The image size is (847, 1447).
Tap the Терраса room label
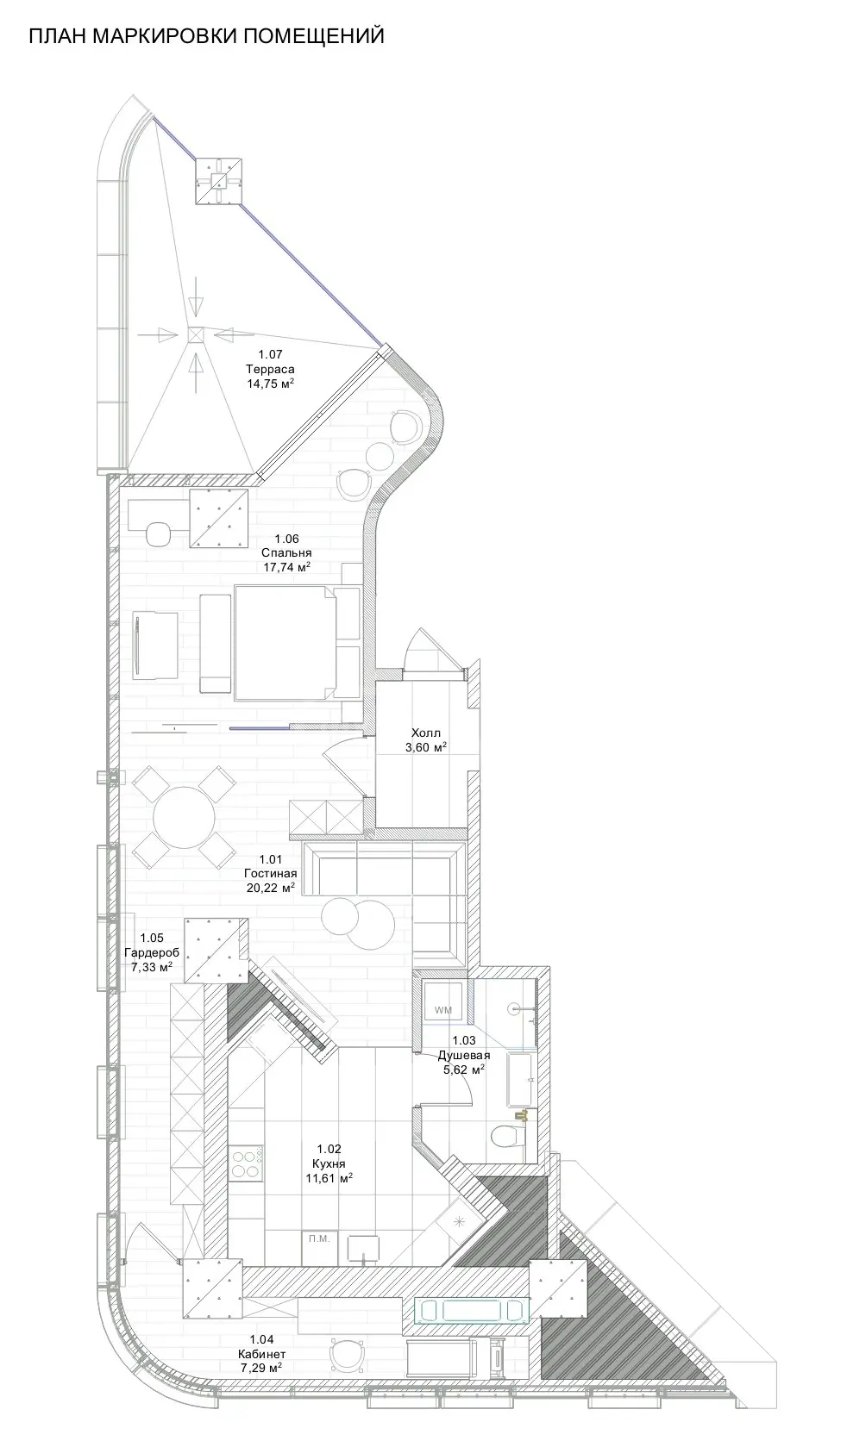tap(270, 369)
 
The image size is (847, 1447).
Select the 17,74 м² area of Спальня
tap(286, 567)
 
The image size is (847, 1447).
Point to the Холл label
tap(426, 733)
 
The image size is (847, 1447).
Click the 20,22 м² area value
tap(271, 888)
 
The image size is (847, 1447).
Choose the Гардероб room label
tap(151, 953)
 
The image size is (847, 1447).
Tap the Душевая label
tap(463, 1056)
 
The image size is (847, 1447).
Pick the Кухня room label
tap(329, 1163)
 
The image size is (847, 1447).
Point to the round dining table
tap(185, 817)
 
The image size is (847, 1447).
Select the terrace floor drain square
tap(197, 334)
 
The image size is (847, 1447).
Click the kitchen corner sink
tap(461, 1220)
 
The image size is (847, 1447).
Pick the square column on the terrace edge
tap(219, 181)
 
